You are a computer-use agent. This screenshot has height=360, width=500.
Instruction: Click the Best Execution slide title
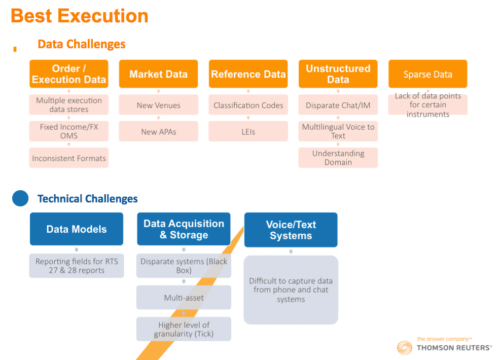click(80, 16)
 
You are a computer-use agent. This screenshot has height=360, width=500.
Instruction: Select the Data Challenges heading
click(81, 44)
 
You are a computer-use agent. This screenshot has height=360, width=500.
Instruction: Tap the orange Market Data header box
click(159, 74)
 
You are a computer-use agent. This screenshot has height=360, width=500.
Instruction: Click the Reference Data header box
click(248, 74)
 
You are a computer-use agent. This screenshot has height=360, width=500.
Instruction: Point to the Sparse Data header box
click(427, 74)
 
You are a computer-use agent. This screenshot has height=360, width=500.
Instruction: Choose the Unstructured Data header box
click(338, 74)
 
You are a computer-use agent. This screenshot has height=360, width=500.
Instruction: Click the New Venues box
click(159, 105)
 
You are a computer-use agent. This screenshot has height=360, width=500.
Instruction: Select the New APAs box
click(159, 131)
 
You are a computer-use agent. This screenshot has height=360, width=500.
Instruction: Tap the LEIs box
click(248, 131)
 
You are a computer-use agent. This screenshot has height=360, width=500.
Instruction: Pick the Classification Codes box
click(248, 105)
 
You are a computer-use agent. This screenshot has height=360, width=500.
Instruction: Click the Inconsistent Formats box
click(69, 158)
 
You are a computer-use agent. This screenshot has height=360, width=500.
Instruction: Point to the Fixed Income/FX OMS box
click(69, 131)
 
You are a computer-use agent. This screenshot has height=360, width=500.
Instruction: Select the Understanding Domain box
click(338, 158)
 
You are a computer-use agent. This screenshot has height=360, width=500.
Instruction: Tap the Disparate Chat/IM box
click(338, 105)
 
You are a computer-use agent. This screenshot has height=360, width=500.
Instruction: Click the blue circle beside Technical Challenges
click(20, 198)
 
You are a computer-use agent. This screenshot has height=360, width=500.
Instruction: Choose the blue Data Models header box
click(77, 229)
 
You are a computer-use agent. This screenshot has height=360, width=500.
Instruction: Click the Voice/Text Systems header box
click(291, 230)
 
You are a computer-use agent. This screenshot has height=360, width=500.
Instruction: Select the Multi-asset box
click(184, 298)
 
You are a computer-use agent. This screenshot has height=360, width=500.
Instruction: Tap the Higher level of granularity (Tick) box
click(184, 329)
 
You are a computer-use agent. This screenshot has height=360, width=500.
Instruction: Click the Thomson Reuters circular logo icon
click(404, 347)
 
